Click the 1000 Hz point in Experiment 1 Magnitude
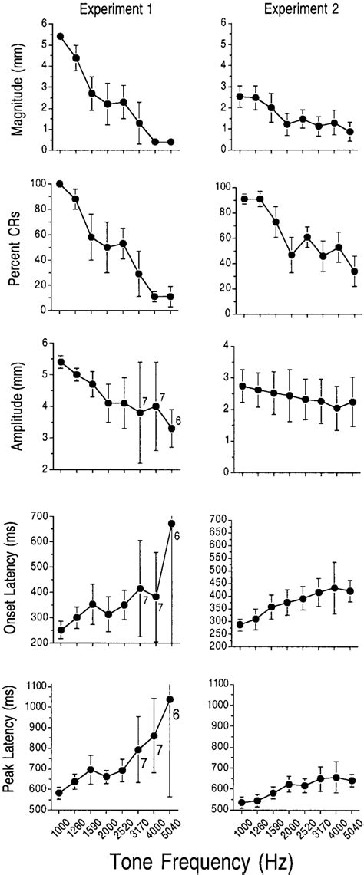(x=60, y=36)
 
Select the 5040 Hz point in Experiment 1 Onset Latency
(x=171, y=524)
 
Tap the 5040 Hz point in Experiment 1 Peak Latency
(x=170, y=699)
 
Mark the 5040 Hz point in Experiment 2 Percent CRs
(x=351, y=271)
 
